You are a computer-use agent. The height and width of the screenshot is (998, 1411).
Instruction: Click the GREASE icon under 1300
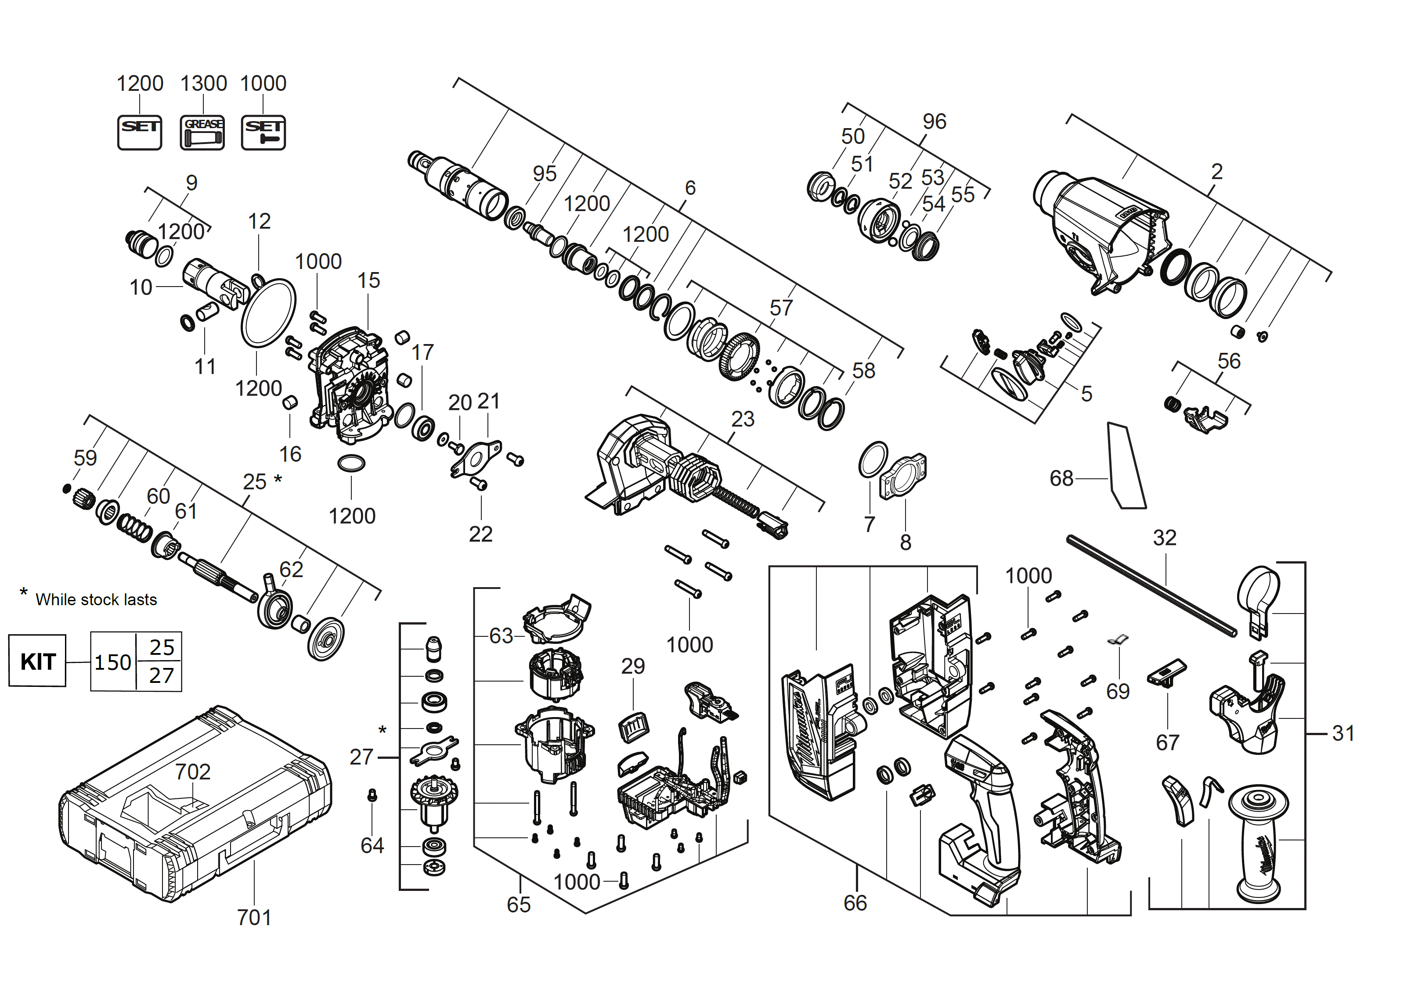point(202,132)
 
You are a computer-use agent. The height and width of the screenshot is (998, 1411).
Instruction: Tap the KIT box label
point(37,662)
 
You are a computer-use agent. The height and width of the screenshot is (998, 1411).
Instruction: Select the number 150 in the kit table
point(112,662)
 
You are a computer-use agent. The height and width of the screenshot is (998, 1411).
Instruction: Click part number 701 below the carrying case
point(254,918)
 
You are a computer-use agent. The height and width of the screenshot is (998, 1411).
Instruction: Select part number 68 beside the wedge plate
point(1061,478)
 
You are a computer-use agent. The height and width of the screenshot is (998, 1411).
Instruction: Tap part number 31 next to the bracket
point(1343,733)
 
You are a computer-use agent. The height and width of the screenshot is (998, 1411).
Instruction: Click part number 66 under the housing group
point(855,903)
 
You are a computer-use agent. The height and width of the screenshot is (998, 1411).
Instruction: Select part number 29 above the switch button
point(633,666)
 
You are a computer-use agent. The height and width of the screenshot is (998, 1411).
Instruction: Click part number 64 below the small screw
point(372,846)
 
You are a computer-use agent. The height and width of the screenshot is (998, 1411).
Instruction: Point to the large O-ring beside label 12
point(268,313)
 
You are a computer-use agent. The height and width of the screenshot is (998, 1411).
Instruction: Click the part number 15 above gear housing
point(368,281)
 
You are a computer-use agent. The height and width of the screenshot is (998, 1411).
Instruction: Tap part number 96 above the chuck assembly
point(934,122)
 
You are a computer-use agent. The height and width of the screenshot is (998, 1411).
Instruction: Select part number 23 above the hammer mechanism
point(743,419)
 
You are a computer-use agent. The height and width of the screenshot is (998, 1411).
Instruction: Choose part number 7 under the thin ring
point(869,524)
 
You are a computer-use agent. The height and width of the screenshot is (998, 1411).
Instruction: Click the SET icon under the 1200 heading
point(140,132)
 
